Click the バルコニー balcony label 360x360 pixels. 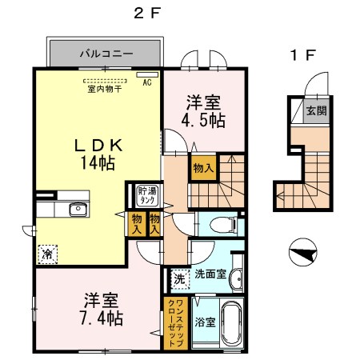pos(106,54)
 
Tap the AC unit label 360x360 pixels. pos(147,82)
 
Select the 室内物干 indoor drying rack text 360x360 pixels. pos(105,89)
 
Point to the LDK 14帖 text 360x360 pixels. pos(98,154)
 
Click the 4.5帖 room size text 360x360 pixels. pos(203,120)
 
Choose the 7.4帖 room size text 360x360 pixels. pos(102,318)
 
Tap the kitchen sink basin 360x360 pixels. pos(78,210)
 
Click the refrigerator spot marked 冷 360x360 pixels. pos(47,254)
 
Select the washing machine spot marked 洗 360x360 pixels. pos(180,279)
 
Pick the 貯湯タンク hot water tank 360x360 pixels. pos(146,196)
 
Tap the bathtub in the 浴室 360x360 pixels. pos(232,322)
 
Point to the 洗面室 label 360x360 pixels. pos(210,274)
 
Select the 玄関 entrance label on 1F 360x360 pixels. pos(316,110)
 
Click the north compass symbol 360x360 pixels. pos(303,252)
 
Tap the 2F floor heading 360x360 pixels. pos(147,13)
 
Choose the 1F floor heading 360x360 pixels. pos(303,55)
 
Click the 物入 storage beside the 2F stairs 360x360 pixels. pos(203,168)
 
